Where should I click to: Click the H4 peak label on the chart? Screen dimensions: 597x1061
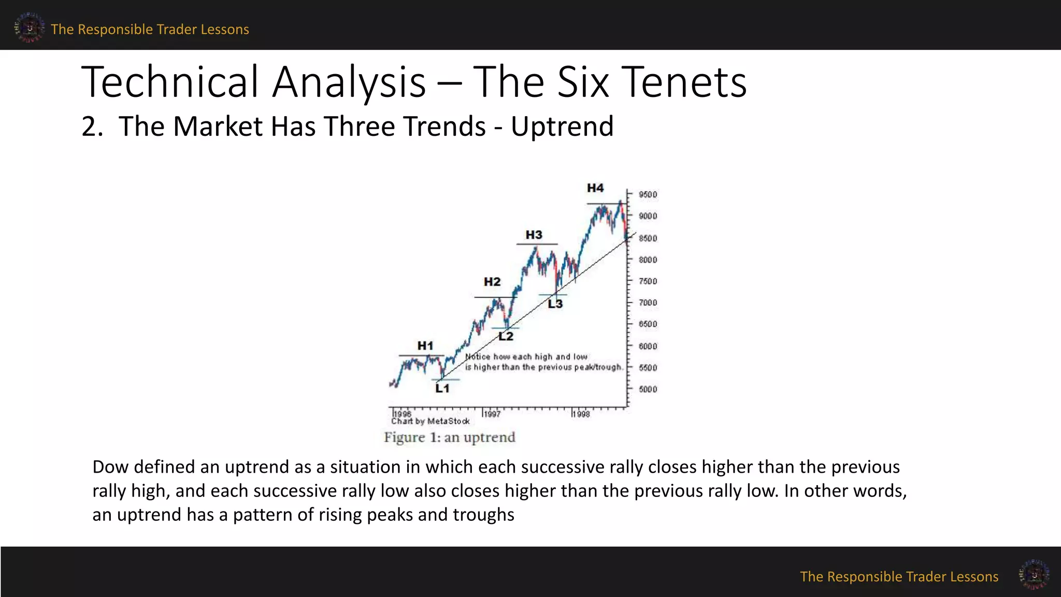click(595, 188)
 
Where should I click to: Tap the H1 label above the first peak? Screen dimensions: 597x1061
click(425, 346)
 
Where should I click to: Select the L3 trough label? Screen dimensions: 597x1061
click(555, 304)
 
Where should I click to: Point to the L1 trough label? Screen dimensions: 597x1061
click(442, 389)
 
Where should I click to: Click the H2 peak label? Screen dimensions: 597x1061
click(492, 282)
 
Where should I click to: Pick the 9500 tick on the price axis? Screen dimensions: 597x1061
click(648, 194)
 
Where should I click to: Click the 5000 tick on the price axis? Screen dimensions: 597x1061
click(648, 389)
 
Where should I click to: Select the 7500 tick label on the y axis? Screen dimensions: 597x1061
click(648, 281)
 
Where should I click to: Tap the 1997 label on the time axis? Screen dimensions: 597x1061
click(492, 414)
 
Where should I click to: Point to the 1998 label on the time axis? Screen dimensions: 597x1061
click(581, 414)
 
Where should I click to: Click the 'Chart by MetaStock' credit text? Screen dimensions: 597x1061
click(430, 421)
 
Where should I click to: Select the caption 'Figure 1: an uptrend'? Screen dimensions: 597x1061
click(450, 437)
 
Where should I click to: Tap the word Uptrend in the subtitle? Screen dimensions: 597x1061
click(562, 126)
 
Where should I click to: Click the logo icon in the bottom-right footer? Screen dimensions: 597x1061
click(1034, 574)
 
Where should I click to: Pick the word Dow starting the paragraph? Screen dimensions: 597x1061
click(110, 467)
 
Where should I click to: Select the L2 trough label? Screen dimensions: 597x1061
click(506, 336)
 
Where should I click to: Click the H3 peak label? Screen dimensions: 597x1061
click(534, 235)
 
